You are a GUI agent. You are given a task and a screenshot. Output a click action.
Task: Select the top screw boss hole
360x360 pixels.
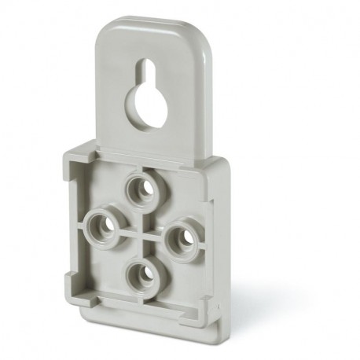tap(143, 189)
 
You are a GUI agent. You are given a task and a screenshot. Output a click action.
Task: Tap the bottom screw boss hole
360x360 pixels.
tap(141, 274)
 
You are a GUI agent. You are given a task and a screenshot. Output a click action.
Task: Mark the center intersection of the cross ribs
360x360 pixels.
tap(141, 233)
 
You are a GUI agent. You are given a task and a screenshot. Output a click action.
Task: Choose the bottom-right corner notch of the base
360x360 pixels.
tap(204, 307)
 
